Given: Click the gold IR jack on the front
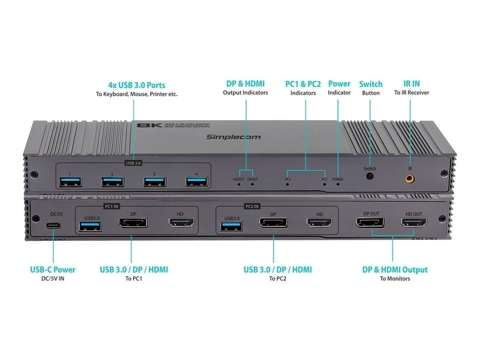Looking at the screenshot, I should [410, 178].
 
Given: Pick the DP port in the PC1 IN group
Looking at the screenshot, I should [133, 225].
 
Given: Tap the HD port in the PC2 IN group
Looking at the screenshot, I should [320, 224].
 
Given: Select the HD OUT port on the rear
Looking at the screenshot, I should [413, 224].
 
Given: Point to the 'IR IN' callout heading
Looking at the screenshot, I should [411, 84].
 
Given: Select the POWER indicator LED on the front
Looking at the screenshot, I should [337, 184].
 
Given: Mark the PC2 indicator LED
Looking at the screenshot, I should [287, 184].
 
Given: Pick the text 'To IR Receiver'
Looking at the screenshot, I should [411, 93].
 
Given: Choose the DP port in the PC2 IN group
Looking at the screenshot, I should [273, 224].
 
